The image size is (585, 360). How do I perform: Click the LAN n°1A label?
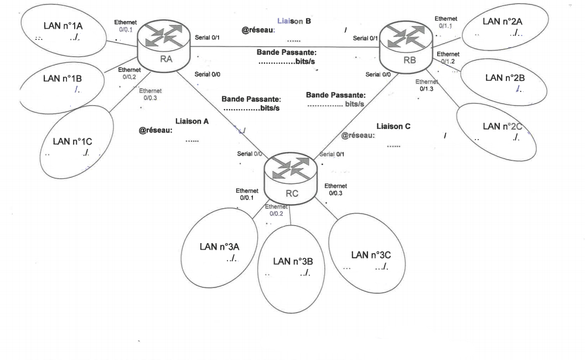pyautogui.click(x=60, y=25)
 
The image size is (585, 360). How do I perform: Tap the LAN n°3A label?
pyautogui.click(x=219, y=246)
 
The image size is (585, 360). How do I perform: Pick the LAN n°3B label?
pyautogui.click(x=293, y=261)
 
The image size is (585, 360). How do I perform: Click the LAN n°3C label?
pyautogui.click(x=371, y=255)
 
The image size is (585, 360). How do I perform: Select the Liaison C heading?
pyautogui.click(x=393, y=126)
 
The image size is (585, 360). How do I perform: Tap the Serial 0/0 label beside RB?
pyautogui.click(x=378, y=74)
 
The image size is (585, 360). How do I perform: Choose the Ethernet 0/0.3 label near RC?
pyautogui.click(x=336, y=189)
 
